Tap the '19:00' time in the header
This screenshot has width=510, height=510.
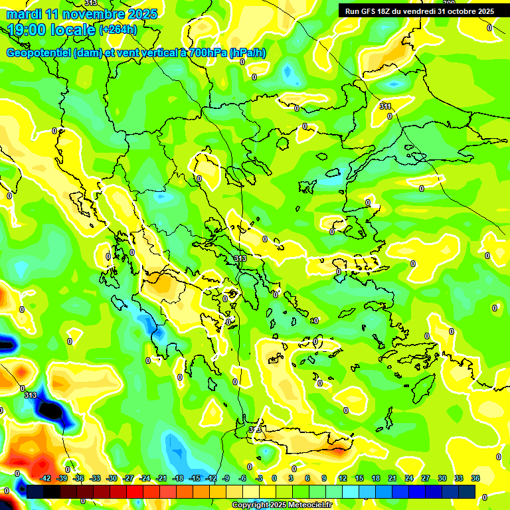pos(27,30)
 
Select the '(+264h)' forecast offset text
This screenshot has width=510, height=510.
pos(118,30)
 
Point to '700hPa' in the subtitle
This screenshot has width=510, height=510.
pos(206,53)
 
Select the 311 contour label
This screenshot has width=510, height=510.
pos(385,106)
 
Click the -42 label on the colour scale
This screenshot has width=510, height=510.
pos(46,479)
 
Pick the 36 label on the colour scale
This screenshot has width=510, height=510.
pos(475,479)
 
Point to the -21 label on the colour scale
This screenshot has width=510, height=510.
pos(161,479)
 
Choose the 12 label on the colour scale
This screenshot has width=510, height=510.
pos(343,479)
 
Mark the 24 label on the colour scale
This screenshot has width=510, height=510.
pos(408,479)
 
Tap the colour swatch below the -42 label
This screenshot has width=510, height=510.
pos(35,491)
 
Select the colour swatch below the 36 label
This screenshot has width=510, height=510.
pos(467,491)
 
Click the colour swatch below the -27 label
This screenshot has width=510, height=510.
pos(135,491)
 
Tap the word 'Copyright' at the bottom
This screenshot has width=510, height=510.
pos(250,505)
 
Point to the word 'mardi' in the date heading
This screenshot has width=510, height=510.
pos(23,14)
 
